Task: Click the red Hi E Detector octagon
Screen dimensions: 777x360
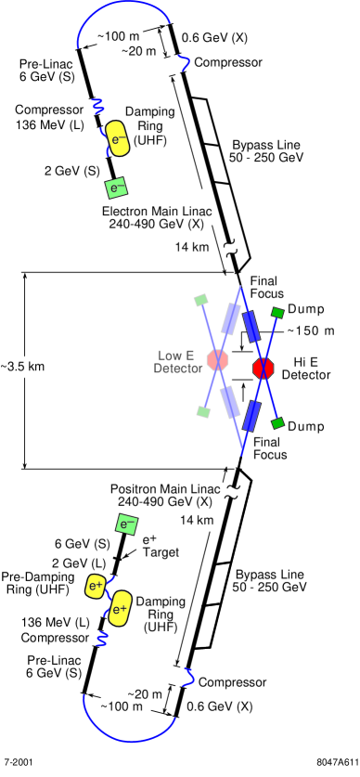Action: click(x=264, y=368)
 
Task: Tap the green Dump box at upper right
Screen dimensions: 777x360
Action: click(x=276, y=313)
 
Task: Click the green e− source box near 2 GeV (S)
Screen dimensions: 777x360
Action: click(x=117, y=188)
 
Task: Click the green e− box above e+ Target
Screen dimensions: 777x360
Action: click(x=126, y=524)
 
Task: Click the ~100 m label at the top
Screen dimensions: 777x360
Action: click(x=121, y=37)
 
